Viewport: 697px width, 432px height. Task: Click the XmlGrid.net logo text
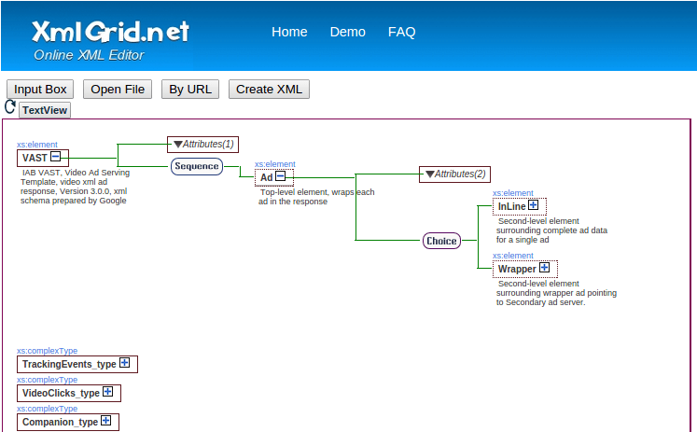(110, 31)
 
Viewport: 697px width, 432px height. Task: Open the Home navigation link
(289, 32)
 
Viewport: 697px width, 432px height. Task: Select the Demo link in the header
(347, 32)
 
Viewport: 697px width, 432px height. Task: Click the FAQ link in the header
(401, 32)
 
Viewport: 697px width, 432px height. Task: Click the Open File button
(118, 90)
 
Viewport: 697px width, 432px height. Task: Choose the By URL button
(189, 90)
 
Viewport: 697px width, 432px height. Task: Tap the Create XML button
(269, 90)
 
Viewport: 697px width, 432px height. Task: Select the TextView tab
(45, 110)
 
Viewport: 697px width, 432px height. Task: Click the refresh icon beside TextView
(10, 107)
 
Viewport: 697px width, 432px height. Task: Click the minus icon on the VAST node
(56, 157)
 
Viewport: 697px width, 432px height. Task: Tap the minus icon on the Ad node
(280, 176)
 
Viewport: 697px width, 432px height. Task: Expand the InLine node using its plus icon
(533, 205)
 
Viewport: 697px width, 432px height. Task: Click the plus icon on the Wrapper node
(544, 268)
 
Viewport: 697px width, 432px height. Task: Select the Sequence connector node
(196, 167)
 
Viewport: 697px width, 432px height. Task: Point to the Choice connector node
(441, 241)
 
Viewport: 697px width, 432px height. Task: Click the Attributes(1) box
(202, 145)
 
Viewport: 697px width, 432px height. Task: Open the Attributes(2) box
(454, 174)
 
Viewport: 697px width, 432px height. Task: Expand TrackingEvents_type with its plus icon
(123, 363)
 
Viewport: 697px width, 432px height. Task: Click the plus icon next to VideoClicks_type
(107, 392)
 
